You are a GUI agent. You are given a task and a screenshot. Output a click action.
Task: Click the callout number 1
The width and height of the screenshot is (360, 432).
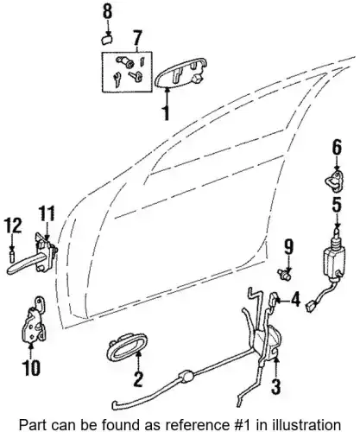point(166,113)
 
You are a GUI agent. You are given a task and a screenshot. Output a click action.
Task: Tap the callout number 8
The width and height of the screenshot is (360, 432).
point(107,12)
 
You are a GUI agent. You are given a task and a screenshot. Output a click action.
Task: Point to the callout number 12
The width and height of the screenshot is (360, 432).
point(13,226)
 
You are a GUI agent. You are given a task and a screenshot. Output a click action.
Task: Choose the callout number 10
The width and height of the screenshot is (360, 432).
point(31,368)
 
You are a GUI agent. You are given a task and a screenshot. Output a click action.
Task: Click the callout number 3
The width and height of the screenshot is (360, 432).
point(275,387)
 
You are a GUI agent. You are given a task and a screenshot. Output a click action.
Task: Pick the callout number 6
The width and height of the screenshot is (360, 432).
point(337,148)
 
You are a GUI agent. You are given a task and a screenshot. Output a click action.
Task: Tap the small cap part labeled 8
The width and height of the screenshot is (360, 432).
point(106,40)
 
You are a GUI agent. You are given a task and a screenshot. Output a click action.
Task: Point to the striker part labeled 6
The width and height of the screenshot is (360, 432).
point(334,181)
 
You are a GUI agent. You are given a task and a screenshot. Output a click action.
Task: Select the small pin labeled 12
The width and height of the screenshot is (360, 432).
point(12,256)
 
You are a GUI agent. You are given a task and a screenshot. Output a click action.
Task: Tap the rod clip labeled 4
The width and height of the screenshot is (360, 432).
point(273,300)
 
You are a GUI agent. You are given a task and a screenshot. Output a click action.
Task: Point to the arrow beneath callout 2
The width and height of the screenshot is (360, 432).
point(138,364)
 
